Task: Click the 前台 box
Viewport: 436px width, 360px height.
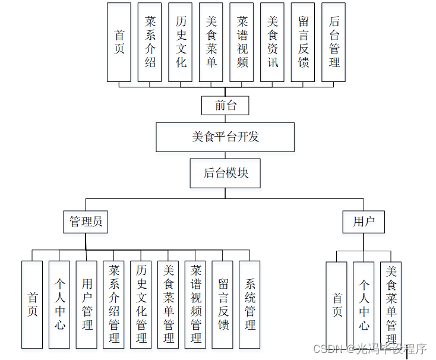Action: click(225, 106)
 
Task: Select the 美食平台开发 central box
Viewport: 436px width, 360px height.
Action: click(225, 137)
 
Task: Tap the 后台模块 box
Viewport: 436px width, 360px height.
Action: click(226, 173)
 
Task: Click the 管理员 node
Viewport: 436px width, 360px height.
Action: click(86, 222)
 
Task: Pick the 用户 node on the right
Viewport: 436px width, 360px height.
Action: click(364, 222)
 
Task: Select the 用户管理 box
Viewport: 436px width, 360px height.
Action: click(87, 304)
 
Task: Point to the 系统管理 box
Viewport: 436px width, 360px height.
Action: click(250, 304)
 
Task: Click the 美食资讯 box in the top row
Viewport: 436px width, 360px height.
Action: click(273, 42)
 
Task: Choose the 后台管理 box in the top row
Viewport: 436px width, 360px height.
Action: click(334, 42)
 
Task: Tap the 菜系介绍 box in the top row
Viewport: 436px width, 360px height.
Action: click(150, 42)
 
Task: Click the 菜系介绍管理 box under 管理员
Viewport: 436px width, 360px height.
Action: click(114, 304)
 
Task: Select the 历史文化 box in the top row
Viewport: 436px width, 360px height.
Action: click(181, 42)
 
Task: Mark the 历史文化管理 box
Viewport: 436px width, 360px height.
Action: click(141, 304)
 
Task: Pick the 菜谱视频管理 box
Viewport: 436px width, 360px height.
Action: click(196, 304)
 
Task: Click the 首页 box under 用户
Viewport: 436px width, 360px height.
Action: click(337, 304)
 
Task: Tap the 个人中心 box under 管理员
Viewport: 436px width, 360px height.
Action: click(60, 304)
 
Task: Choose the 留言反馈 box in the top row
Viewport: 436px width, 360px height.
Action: click(304, 42)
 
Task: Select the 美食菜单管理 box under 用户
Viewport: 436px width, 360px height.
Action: click(391, 304)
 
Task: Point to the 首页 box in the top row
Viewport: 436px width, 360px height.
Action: click(119, 42)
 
